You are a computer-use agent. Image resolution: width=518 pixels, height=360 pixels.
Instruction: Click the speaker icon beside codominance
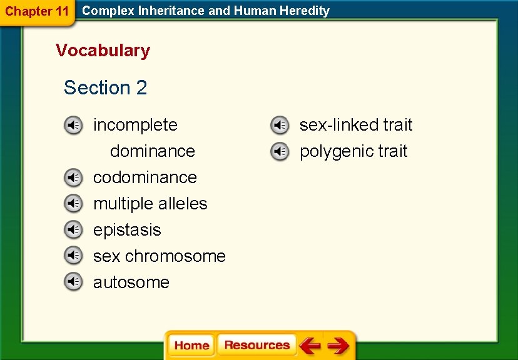pyautogui.click(x=73, y=178)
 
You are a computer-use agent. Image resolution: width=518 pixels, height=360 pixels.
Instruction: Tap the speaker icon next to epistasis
pyautogui.click(x=73, y=231)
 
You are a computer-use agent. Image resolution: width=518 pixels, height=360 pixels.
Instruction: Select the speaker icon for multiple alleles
pyautogui.click(x=73, y=204)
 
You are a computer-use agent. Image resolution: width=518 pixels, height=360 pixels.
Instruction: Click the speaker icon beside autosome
pyautogui.click(x=73, y=283)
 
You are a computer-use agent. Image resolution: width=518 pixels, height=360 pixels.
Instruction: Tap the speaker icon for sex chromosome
pyautogui.click(x=73, y=257)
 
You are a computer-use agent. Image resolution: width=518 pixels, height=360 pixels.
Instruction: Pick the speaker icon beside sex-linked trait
pyautogui.click(x=280, y=126)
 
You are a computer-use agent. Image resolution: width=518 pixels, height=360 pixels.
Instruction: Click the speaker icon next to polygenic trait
pyautogui.click(x=280, y=152)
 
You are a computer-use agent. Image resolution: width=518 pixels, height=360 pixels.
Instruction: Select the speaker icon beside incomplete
pyautogui.click(x=73, y=126)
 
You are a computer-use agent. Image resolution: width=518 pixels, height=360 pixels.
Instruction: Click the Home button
pyautogui.click(x=191, y=346)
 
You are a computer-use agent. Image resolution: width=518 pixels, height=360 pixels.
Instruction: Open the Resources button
pyautogui.click(x=256, y=346)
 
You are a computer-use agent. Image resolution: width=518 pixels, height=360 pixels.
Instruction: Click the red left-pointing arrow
pyautogui.click(x=310, y=346)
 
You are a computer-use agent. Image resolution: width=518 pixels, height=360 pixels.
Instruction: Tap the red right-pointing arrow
pyautogui.click(x=338, y=346)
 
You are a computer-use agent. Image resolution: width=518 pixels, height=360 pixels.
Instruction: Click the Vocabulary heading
pyautogui.click(x=103, y=51)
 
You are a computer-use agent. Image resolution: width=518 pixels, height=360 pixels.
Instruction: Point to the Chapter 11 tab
pyautogui.click(x=36, y=11)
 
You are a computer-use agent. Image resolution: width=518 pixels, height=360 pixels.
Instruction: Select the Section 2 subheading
pyautogui.click(x=105, y=88)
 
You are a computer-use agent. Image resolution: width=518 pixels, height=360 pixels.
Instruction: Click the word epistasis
pyautogui.click(x=127, y=230)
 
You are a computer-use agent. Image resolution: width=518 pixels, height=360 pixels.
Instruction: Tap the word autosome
pyautogui.click(x=131, y=282)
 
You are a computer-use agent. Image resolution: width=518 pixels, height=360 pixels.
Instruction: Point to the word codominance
pyautogui.click(x=145, y=177)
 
